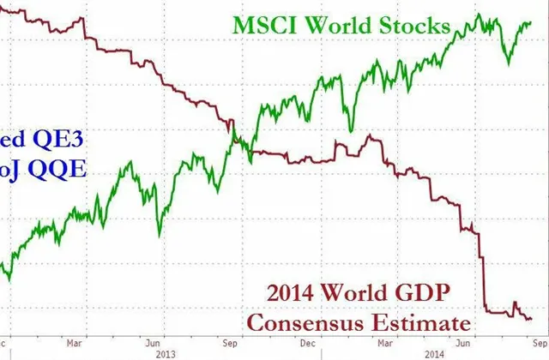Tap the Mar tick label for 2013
click(77, 340)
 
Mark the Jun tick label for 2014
click(459, 340)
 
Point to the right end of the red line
click(531, 319)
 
